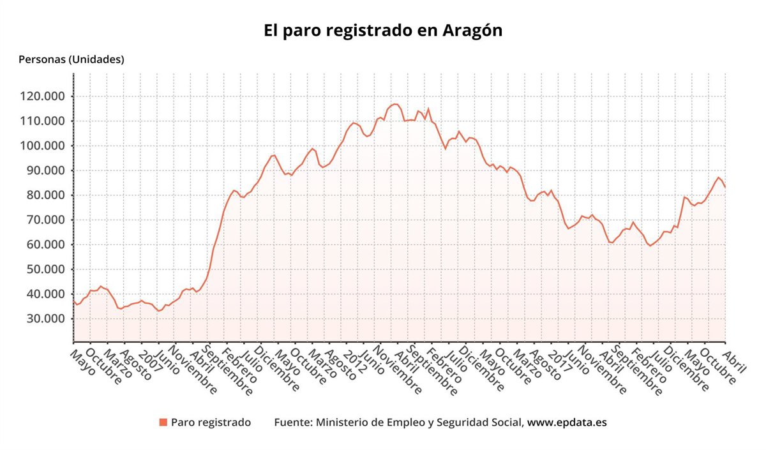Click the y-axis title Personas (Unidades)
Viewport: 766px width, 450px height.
click(x=71, y=59)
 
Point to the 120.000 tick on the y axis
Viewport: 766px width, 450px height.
click(x=40, y=96)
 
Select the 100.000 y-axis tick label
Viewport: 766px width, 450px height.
click(x=40, y=146)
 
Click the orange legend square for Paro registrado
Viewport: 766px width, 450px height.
click(x=163, y=423)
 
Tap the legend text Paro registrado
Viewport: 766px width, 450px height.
click(x=211, y=423)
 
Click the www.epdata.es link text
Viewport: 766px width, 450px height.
click(x=566, y=423)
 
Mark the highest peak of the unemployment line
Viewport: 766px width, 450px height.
click(x=395, y=103)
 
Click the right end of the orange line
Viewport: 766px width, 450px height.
click(x=725, y=187)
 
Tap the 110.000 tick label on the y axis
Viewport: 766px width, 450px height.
click(x=40, y=121)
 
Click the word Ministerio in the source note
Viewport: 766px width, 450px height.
click(x=342, y=423)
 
